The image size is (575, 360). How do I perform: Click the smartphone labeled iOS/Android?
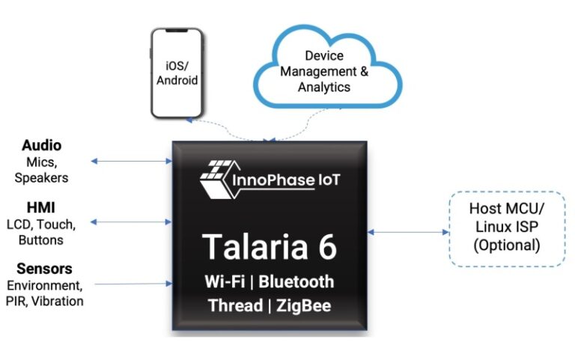pos(177,73)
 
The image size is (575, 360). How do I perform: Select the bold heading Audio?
pos(41,145)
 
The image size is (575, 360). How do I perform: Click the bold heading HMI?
pos(42,207)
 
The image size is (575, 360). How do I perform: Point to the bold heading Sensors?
pos(41,269)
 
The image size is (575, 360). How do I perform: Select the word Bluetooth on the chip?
pos(297,282)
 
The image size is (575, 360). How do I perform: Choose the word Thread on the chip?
pos(234,306)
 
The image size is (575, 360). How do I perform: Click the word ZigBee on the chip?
pos(301,306)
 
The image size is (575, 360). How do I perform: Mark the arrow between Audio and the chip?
pos(131,160)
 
